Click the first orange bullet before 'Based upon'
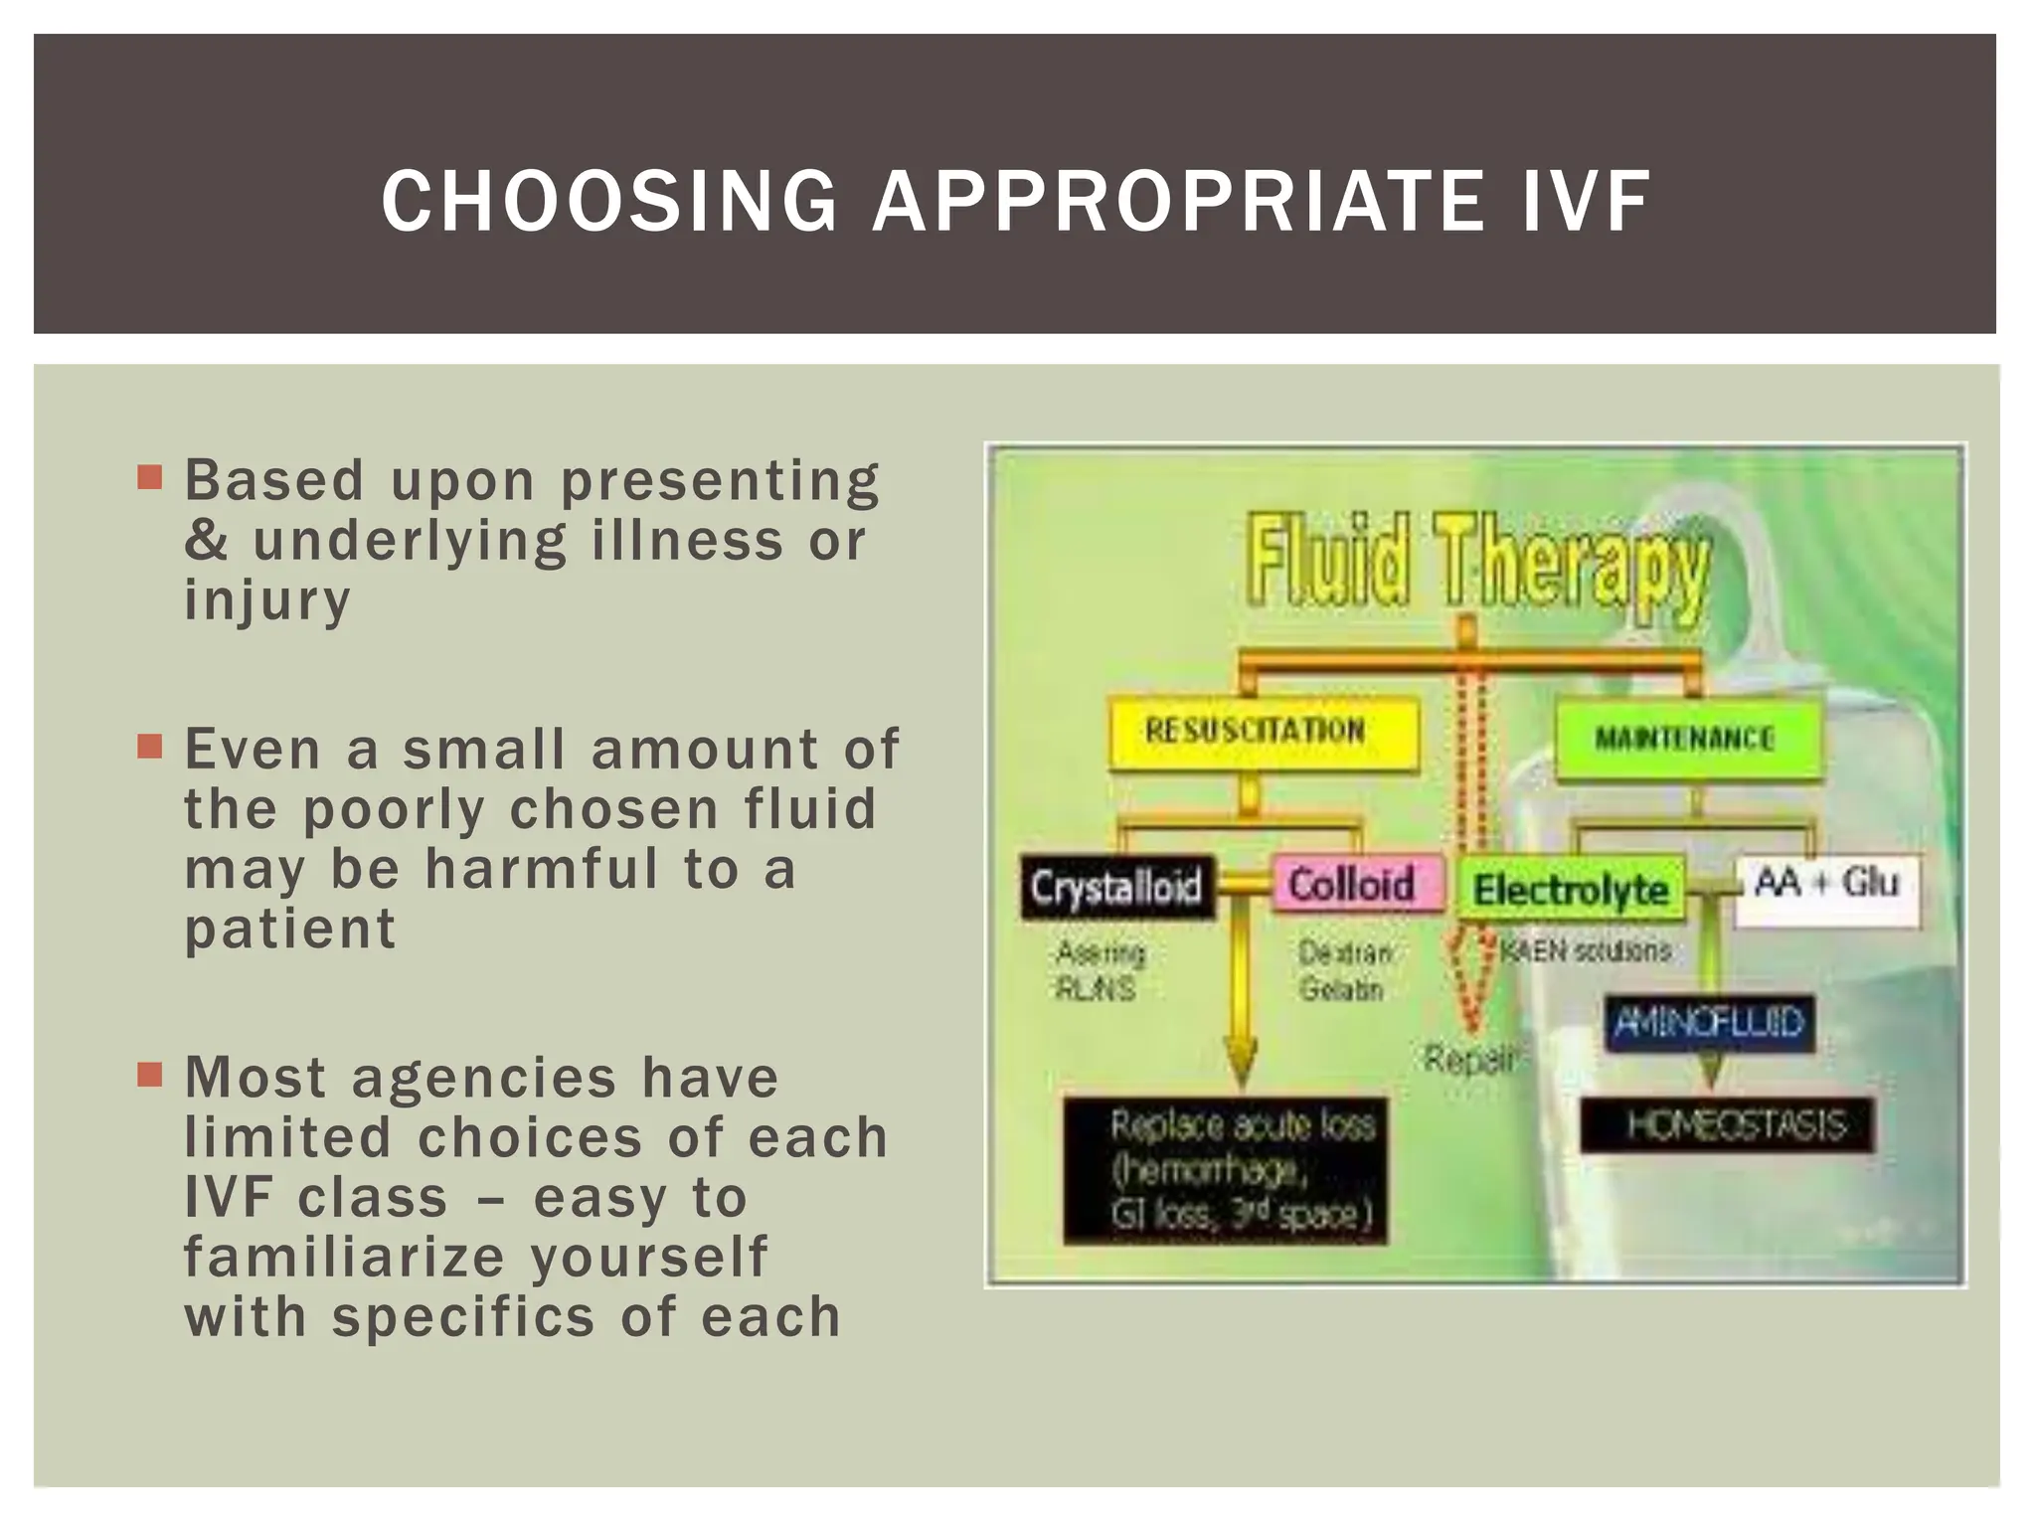coord(150,478)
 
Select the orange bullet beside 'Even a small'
coord(150,747)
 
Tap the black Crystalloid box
coord(1117,887)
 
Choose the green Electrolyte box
coord(1571,889)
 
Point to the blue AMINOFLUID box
coord(1708,1022)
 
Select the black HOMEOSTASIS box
coord(1728,1125)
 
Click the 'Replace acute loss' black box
coord(1225,1170)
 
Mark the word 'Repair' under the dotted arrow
coord(1469,1061)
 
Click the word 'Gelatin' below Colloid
coord(1341,989)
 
